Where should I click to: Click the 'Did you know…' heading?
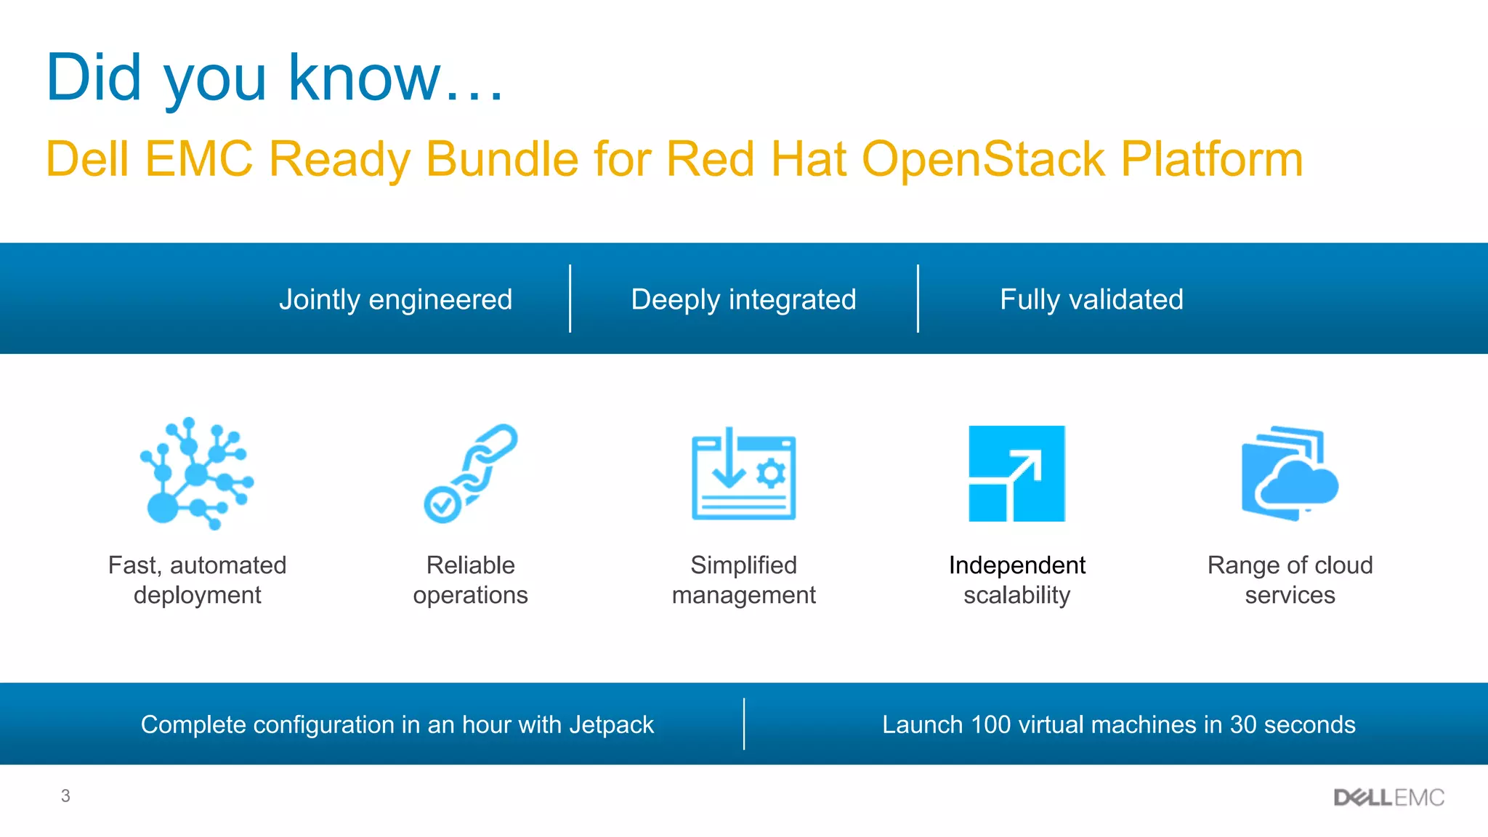275,78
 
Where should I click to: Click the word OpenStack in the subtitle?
983,159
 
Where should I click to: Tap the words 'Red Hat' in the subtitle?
756,159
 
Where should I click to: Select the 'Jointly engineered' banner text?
395,299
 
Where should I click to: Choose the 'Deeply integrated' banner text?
743,299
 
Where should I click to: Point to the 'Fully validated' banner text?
1091,299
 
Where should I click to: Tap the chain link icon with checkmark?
470,474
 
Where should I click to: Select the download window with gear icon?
743,474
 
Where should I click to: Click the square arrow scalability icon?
1016,474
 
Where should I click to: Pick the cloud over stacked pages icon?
1290,474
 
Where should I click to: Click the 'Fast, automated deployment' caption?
197,580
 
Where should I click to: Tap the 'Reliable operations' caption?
470,580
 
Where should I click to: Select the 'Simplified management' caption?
743,580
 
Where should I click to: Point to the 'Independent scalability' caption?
1016,580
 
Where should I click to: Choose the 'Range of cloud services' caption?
1290,580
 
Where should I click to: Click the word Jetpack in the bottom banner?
611,724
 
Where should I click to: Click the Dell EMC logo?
1388,798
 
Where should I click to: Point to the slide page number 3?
65,796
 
